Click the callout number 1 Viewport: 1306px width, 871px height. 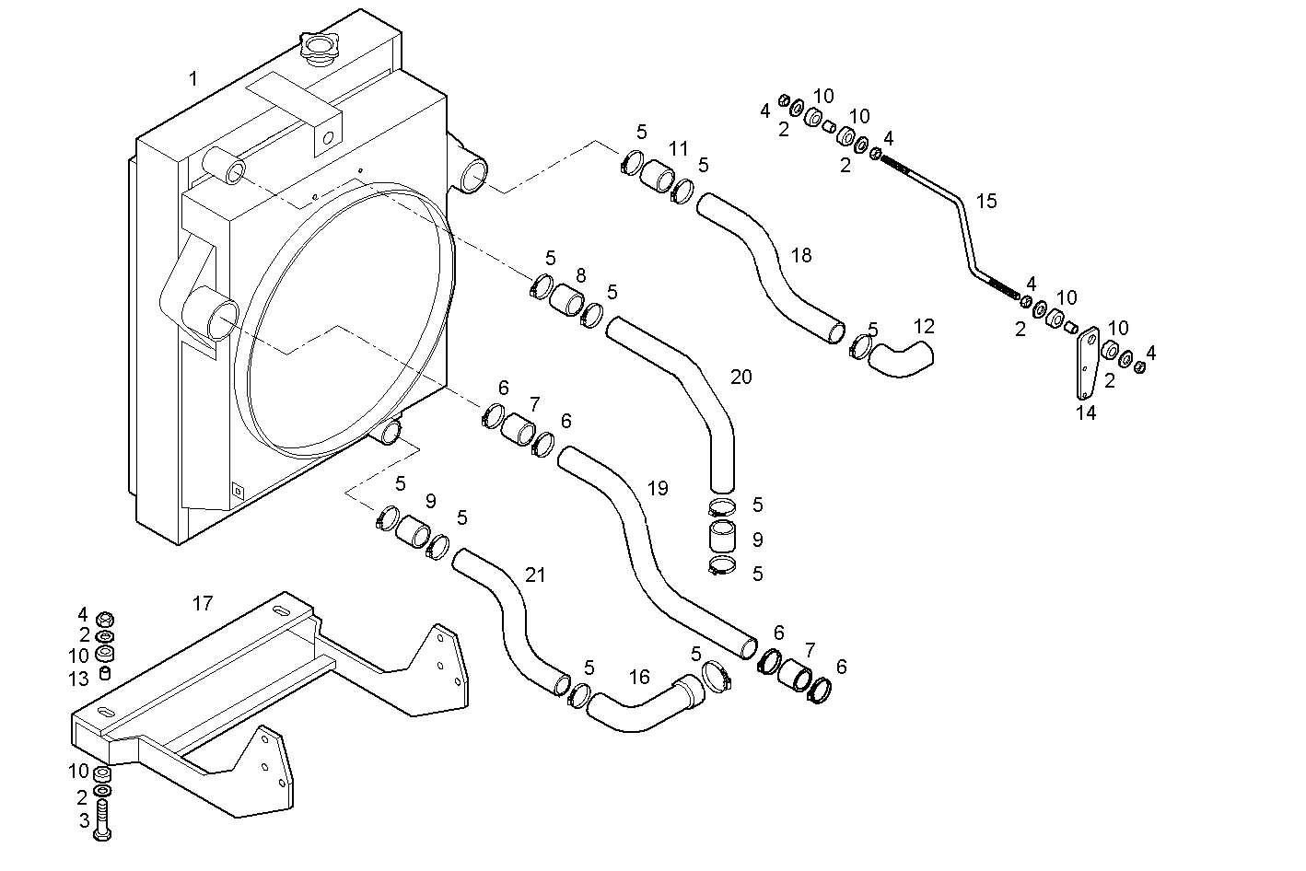point(193,79)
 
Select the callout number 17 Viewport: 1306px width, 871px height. point(203,604)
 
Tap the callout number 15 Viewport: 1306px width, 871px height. point(986,201)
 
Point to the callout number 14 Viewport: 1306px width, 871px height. point(1086,413)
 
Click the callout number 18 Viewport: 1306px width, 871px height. point(801,255)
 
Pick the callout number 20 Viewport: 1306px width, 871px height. point(740,377)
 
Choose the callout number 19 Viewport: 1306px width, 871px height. point(657,488)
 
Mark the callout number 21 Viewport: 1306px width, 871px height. point(535,575)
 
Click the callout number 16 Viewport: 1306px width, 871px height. point(639,678)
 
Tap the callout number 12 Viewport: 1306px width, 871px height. point(924,326)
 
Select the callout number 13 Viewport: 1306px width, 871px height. point(79,679)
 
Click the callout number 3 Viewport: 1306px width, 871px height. point(83,819)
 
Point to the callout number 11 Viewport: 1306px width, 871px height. point(678,148)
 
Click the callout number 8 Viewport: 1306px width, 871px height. point(580,275)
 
